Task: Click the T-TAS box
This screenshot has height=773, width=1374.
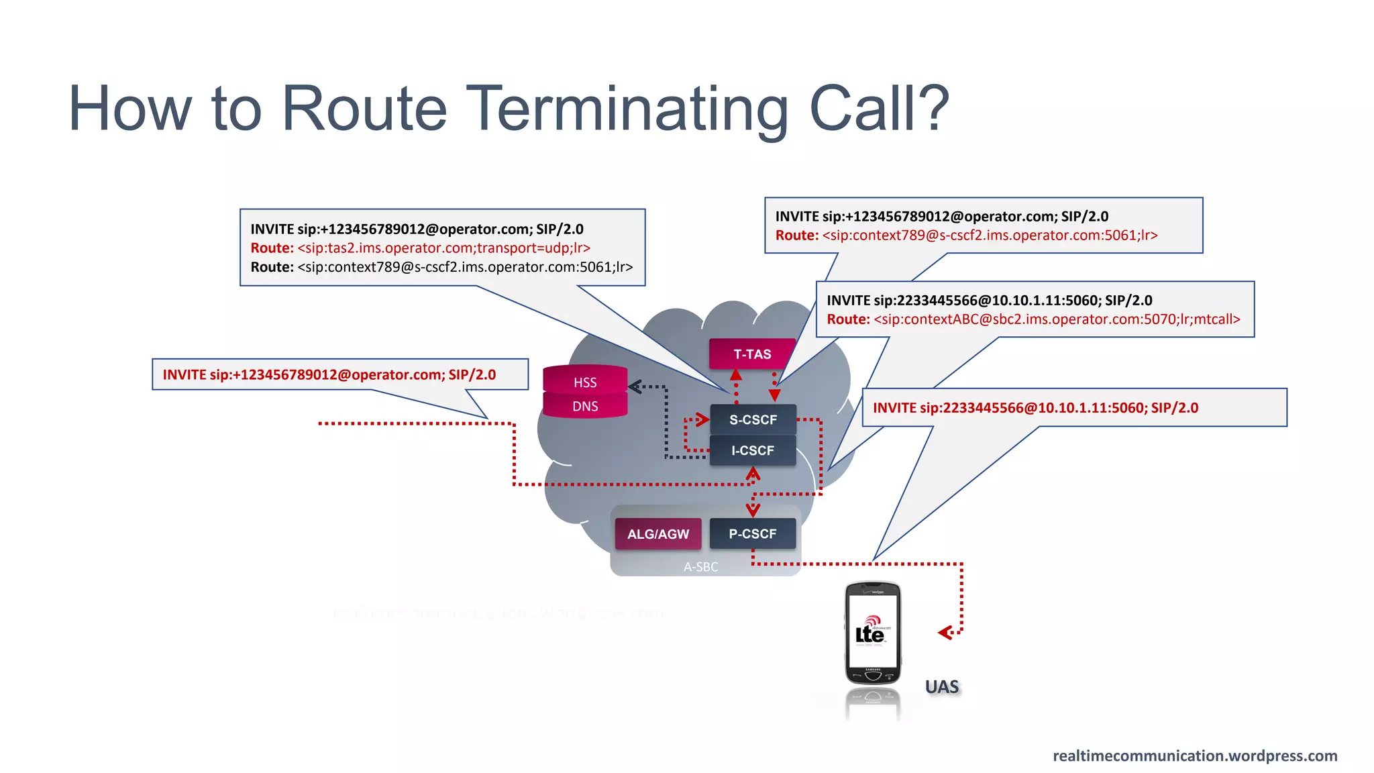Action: pos(752,354)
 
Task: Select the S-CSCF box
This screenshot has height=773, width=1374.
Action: pos(753,420)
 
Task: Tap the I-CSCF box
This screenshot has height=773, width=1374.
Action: pos(753,451)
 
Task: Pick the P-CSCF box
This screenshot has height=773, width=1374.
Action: pos(753,534)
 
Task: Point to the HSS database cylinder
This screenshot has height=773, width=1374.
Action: pos(585,382)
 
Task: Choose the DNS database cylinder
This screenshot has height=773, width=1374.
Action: pos(585,406)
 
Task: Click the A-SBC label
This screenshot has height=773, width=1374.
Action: pos(701,567)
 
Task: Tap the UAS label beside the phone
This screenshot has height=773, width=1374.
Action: pos(942,687)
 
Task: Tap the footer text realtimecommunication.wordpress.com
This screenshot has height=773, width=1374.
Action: pos(1195,756)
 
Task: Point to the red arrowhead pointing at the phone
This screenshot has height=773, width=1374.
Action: pos(946,632)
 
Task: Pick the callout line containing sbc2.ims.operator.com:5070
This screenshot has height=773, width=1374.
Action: pos(1033,319)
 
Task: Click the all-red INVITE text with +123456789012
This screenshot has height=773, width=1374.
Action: pos(329,375)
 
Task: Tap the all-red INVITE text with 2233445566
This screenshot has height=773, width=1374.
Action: pos(1035,408)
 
